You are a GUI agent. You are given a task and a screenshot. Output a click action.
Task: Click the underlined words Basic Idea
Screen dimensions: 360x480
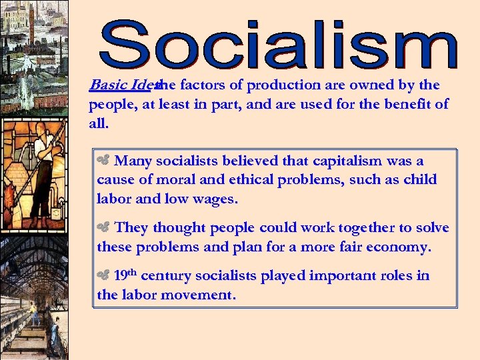coord(123,85)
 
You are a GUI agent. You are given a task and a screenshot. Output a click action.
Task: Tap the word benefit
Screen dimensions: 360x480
coord(409,105)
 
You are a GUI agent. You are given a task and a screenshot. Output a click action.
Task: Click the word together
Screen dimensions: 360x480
coord(366,227)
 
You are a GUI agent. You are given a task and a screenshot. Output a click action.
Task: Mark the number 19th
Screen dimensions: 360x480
coord(126,275)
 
